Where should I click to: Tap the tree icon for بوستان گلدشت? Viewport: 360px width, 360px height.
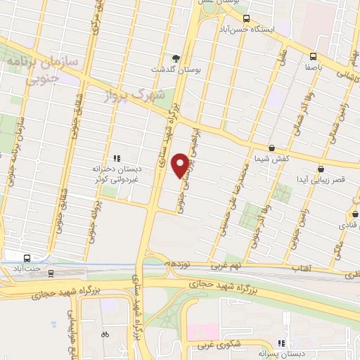176,58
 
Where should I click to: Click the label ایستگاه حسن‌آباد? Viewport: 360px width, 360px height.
281,32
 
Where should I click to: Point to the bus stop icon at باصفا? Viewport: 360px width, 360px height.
313,57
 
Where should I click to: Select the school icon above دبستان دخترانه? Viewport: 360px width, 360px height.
117,158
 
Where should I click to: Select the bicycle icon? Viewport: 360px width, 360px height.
105,335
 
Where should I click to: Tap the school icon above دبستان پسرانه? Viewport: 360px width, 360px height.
282,344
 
